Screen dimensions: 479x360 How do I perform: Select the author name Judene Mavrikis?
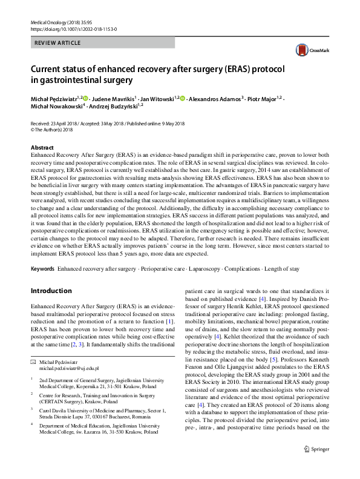(x=114, y=98)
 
